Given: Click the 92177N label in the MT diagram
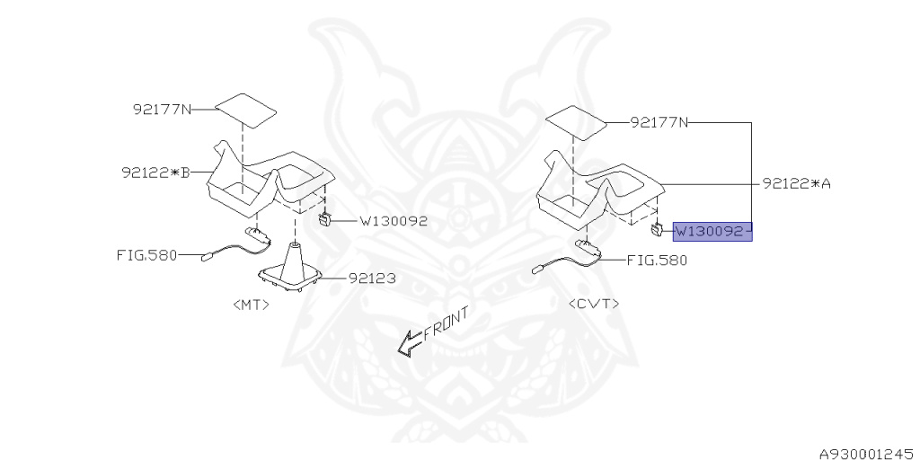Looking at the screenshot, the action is tap(162, 109).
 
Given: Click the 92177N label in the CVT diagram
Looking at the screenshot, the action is tap(659, 122).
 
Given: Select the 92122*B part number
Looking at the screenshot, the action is tap(156, 172).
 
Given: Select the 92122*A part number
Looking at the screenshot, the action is tap(798, 183).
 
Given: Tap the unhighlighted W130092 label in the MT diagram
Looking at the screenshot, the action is tap(394, 221).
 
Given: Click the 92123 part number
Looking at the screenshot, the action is tap(372, 279).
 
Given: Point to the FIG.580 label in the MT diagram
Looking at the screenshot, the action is tap(146, 255).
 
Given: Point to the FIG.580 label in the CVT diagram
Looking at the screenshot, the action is tap(657, 260).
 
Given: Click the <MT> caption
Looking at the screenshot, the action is tap(252, 305).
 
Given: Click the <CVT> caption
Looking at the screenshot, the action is tap(594, 304).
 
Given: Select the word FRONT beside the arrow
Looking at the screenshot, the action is tap(446, 323).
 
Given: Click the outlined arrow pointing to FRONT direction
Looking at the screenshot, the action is tap(410, 342).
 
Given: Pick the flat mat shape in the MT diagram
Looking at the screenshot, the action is tap(245, 110).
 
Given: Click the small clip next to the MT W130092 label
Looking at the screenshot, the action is tap(324, 221).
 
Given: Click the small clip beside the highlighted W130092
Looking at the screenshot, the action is tap(657, 229).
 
